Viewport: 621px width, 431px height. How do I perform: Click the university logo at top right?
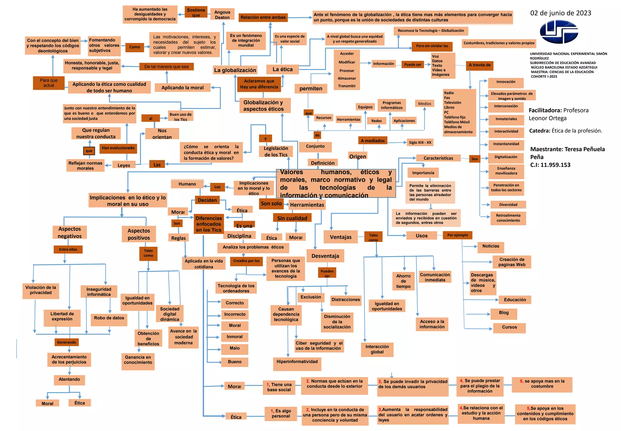559,32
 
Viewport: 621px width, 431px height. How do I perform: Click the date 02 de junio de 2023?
560,13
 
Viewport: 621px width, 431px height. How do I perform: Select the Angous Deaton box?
222,15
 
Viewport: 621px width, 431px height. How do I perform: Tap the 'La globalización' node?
235,70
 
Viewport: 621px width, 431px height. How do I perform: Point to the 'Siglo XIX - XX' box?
420,142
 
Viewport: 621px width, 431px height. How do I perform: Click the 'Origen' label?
357,156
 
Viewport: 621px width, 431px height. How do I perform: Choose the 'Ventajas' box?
341,237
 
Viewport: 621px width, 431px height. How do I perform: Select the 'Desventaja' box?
325,256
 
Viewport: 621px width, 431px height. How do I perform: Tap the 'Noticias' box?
491,246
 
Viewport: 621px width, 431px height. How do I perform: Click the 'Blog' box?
504,313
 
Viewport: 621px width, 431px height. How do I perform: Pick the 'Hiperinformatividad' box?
297,362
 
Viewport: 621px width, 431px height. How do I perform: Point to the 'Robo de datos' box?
109,318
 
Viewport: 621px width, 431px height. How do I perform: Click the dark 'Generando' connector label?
67,342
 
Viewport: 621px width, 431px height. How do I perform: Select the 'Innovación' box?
506,82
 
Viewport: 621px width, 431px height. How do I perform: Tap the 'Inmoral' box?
234,337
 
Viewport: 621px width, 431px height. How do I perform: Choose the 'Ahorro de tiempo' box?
403,281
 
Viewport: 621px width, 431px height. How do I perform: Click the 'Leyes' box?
124,165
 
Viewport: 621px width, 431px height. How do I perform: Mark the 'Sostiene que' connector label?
196,12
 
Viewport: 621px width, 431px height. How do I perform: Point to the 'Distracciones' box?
346,299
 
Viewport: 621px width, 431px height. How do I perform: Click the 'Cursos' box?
509,327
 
